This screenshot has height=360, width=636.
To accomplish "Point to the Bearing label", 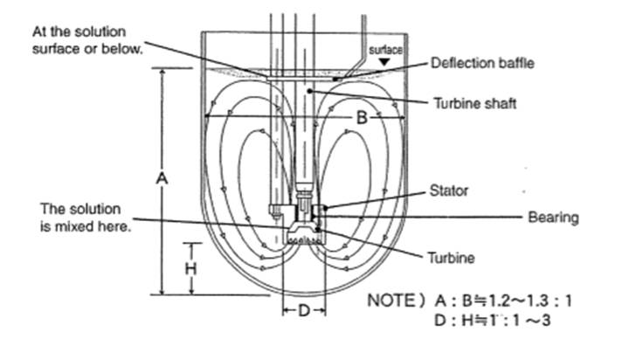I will (x=554, y=217).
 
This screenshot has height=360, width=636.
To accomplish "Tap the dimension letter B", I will (x=362, y=115).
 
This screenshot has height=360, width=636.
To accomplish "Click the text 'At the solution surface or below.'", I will (x=86, y=39).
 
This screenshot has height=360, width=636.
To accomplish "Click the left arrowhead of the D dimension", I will (x=285, y=311).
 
